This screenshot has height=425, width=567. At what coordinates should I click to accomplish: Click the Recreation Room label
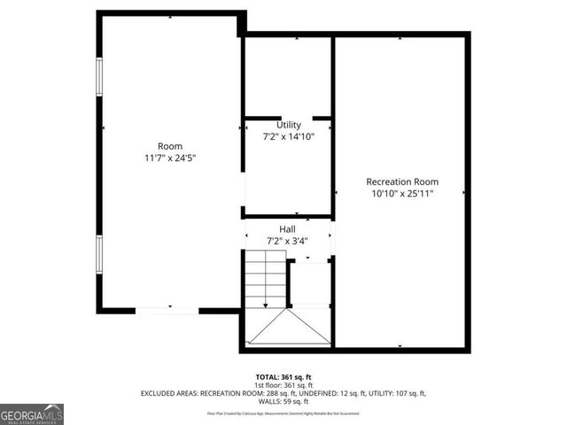click(x=402, y=182)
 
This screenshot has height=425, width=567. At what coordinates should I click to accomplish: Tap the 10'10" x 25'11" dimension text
click(x=402, y=193)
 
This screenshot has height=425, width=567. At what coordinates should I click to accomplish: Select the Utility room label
click(x=289, y=125)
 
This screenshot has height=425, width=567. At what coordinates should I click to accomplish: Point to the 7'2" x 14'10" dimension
click(x=289, y=136)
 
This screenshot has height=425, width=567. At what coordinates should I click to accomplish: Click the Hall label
click(x=288, y=228)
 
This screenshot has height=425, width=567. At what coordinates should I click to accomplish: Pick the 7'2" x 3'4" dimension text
click(x=288, y=240)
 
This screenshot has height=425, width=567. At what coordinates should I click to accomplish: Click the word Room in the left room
click(x=170, y=146)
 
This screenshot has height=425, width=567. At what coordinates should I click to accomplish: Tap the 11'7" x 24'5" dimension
click(x=170, y=158)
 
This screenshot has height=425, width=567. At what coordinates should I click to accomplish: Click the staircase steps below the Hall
click(x=266, y=279)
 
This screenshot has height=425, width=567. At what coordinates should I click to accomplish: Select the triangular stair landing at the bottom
click(x=289, y=328)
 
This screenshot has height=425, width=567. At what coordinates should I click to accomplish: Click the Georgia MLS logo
click(x=32, y=414)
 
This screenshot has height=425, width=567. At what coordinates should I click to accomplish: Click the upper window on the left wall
click(x=99, y=89)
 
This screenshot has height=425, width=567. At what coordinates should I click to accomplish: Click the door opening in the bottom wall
click(x=167, y=310)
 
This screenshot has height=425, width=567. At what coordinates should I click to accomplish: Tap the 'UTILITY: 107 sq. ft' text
click(x=398, y=393)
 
